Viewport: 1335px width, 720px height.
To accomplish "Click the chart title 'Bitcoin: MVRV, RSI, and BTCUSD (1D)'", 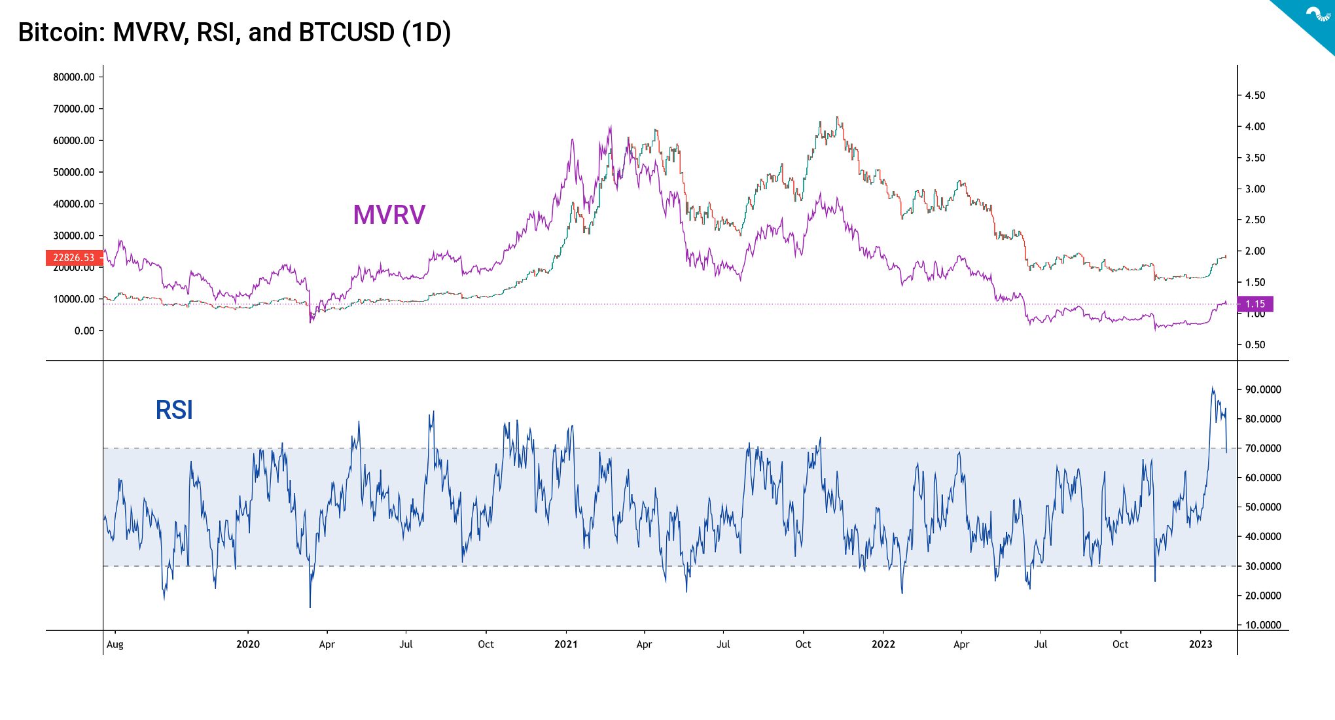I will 234,33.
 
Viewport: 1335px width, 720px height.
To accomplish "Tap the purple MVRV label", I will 389,215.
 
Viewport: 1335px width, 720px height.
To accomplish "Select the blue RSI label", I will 174,410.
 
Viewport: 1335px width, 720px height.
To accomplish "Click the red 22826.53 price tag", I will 73,258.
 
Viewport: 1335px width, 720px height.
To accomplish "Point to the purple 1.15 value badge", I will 1255,304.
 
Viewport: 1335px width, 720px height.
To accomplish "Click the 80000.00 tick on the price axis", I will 73,77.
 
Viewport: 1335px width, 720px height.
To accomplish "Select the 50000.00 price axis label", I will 73,172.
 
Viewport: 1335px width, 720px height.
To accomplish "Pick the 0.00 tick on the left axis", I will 84,331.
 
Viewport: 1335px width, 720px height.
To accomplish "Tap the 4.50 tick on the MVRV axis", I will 1255,96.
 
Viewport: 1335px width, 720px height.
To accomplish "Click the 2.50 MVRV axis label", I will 1255,220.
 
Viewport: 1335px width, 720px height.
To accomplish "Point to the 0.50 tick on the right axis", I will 1255,345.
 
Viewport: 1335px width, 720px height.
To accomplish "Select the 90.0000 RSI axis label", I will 1262,389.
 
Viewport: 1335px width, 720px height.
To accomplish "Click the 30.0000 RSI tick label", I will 1262,566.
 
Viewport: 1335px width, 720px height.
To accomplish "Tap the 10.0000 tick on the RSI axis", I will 1262,625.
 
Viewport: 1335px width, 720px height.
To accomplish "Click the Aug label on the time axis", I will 115,645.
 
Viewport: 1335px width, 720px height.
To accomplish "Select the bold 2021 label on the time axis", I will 565,645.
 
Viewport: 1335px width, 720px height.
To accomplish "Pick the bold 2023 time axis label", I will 1200,645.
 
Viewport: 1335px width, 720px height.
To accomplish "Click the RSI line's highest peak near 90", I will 1212,388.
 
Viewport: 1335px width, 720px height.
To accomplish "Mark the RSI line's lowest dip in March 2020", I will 310,606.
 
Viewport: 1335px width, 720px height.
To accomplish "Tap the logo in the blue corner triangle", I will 1317,14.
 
